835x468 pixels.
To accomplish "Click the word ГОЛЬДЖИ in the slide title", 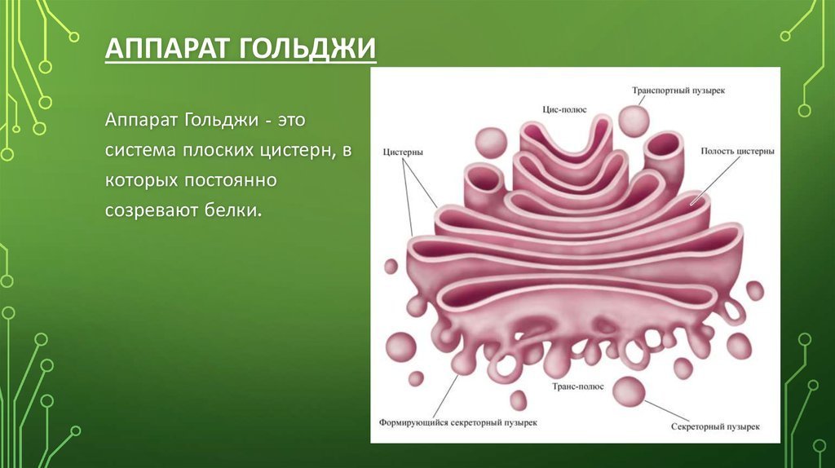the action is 307,48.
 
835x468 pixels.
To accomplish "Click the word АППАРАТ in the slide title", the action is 167,48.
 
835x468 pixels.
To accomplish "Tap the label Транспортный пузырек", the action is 678,91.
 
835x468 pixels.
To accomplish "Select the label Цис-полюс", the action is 564,109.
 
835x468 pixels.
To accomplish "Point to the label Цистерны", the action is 403,152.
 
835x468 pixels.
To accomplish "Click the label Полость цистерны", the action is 737,151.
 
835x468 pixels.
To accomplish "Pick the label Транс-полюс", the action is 578,386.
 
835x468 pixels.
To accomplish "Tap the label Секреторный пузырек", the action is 715,426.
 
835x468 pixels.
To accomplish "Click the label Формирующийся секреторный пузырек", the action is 458,422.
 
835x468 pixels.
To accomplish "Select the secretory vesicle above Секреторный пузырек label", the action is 629,392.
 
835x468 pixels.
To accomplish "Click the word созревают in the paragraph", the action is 152,210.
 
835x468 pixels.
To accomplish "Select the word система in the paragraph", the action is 140,150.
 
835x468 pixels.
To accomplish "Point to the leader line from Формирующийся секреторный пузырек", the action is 446,395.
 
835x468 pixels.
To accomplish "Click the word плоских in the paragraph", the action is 219,150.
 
